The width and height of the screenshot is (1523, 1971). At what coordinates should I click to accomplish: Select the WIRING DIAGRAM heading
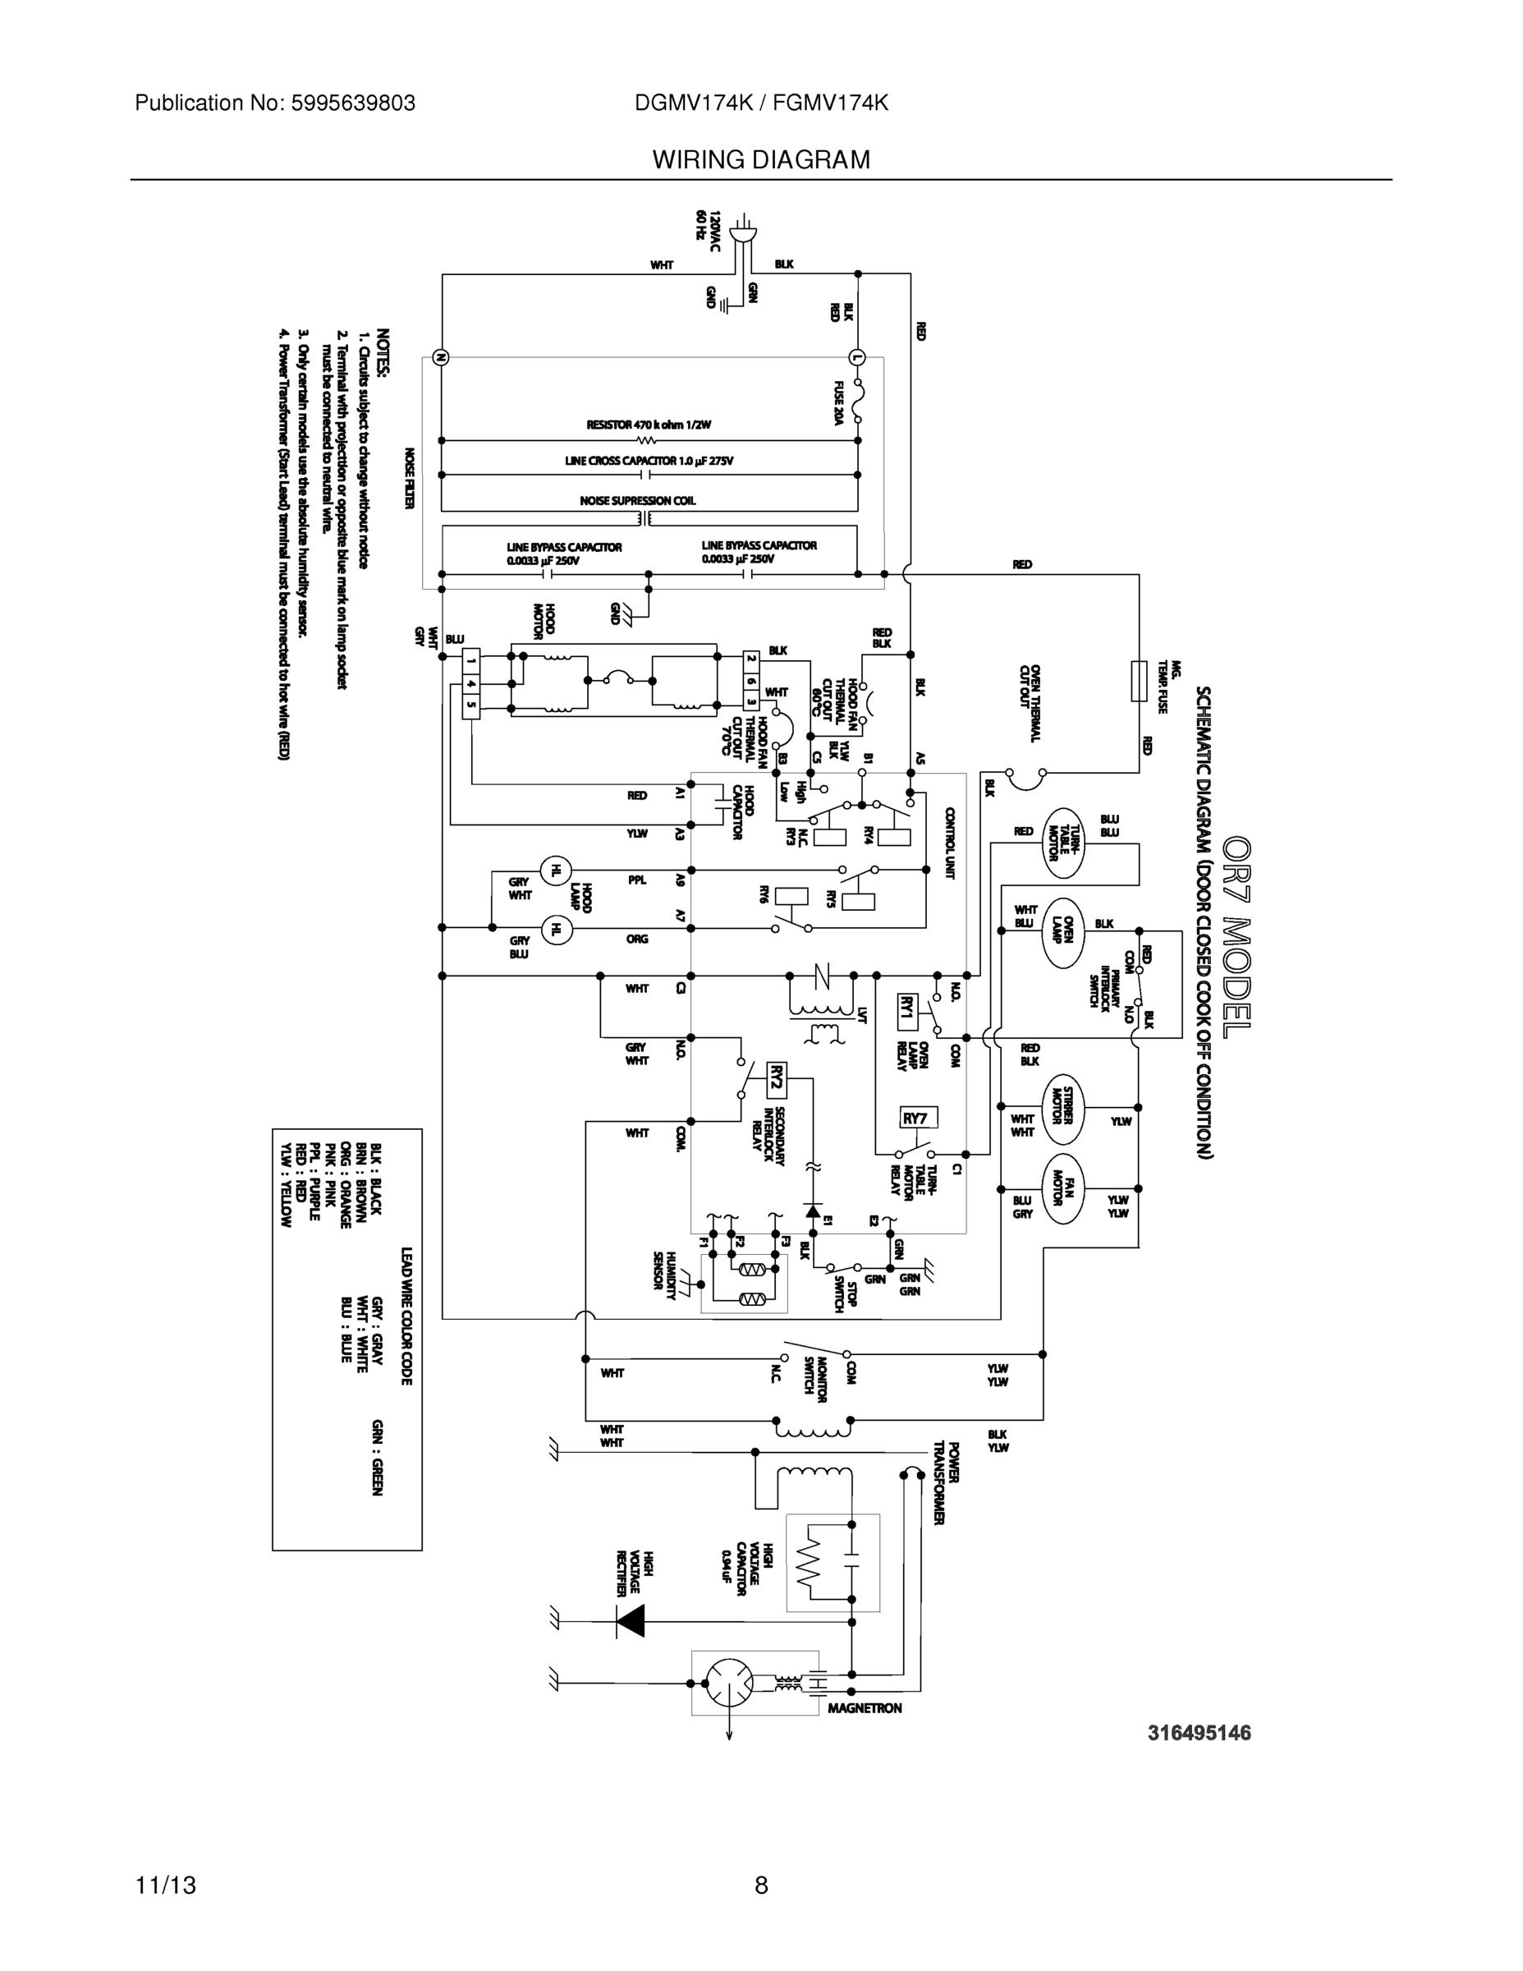(760, 160)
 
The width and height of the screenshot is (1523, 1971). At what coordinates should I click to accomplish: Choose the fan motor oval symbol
(1064, 1188)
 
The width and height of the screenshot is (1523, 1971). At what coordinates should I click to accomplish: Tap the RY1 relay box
(909, 1011)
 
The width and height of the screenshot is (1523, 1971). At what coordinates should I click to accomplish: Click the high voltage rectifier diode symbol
(630, 1622)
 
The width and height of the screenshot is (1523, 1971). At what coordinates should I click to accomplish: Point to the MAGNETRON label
(865, 1707)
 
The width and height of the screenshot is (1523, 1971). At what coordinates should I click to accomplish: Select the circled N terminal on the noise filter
(442, 357)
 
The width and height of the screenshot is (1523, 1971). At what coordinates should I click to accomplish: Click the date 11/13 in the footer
(166, 1885)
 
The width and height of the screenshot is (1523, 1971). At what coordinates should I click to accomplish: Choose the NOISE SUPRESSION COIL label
(637, 500)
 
